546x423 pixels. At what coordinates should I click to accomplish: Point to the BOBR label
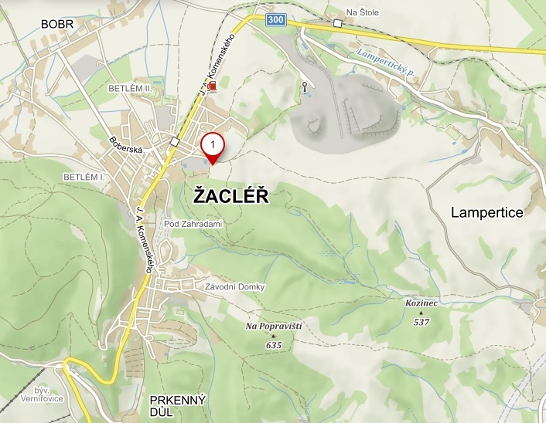(57, 25)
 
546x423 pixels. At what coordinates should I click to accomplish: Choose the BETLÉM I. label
(84, 177)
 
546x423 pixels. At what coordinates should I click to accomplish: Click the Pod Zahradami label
(193, 224)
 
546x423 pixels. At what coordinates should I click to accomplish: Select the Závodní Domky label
(235, 287)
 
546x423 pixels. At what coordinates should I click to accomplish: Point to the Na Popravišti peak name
(273, 327)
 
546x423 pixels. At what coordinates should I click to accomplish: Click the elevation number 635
(273, 345)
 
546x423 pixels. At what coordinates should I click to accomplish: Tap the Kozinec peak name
(421, 303)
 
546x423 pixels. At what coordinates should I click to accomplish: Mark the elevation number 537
(421, 322)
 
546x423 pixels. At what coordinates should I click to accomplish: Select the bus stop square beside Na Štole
(337, 24)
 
